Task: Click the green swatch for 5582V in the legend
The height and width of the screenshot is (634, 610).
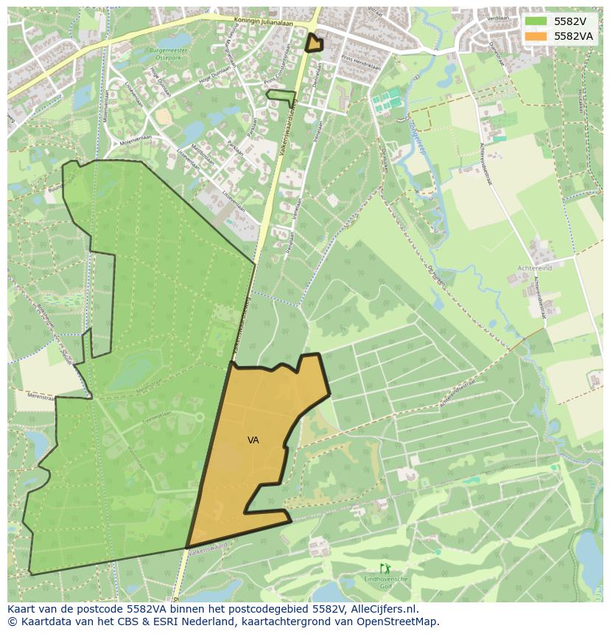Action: point(536,21)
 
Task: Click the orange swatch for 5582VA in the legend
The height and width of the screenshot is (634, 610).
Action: point(536,35)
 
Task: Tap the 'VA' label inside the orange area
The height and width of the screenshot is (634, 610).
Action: point(253,440)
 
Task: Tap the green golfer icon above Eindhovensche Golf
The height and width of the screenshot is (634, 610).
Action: point(385,568)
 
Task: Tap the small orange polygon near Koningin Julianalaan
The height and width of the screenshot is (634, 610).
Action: point(314,43)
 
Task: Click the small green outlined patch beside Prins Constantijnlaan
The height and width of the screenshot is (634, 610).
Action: point(281,96)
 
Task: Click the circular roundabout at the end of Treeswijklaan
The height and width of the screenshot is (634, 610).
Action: point(197,417)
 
